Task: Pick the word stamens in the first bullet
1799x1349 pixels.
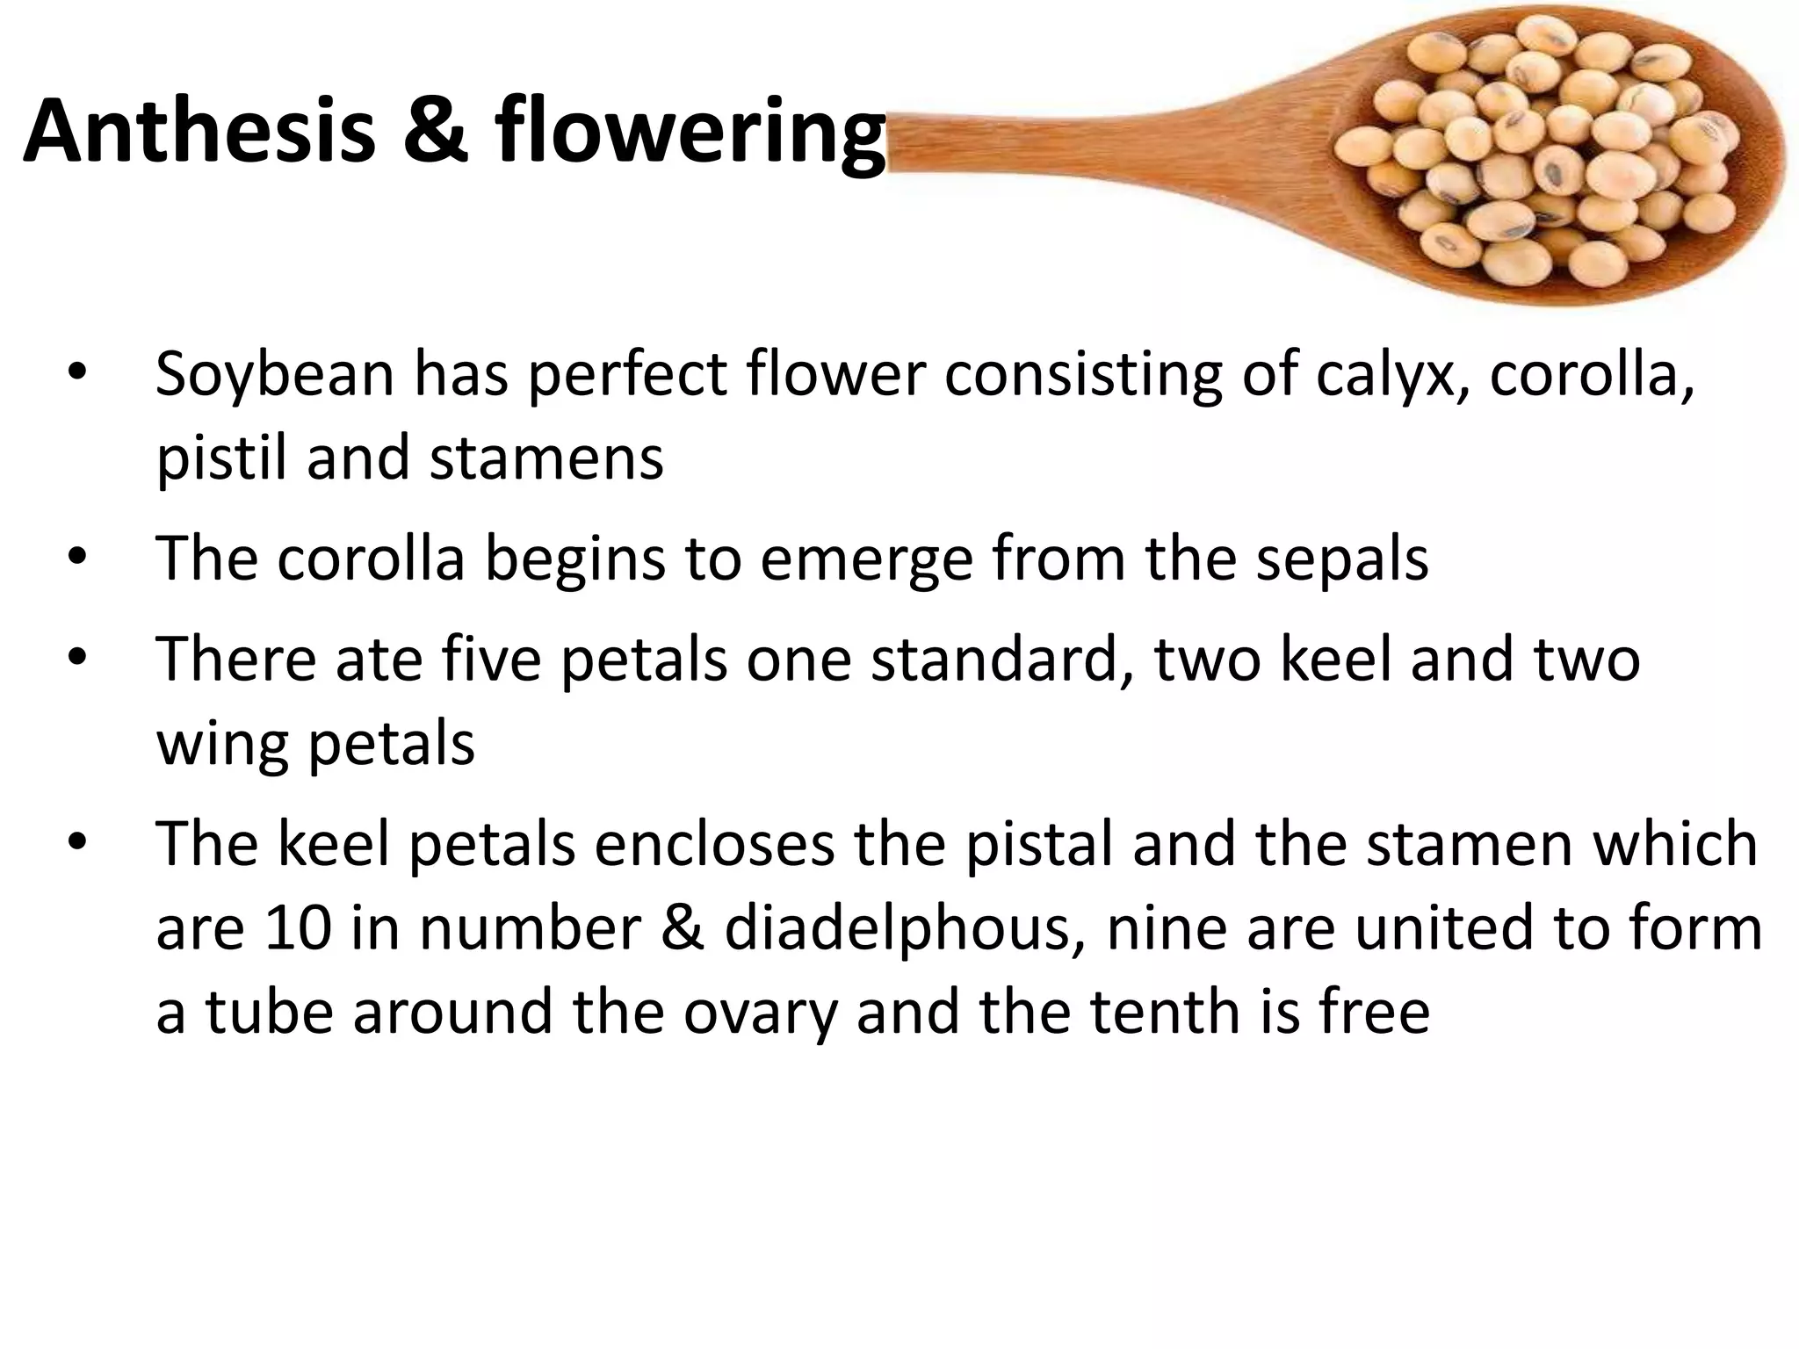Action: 545,458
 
